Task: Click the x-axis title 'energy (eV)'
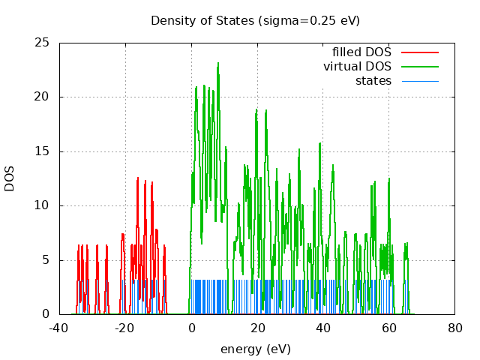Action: tap(255, 349)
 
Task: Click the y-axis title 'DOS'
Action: tap(10, 178)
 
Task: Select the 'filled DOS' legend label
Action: tap(361, 52)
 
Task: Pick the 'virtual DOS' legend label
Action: tap(357, 67)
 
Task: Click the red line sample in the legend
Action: tap(419, 52)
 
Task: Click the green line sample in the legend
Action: tap(419, 67)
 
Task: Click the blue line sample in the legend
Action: tap(419, 81)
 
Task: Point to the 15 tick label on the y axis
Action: tap(43, 151)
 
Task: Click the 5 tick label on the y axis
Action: tap(46, 260)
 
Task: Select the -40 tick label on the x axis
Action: tap(59, 328)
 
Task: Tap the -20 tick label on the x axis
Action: tap(125, 328)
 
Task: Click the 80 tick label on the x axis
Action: tap(454, 328)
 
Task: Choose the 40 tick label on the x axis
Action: tap(323, 328)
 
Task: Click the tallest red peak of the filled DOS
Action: tap(138, 179)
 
